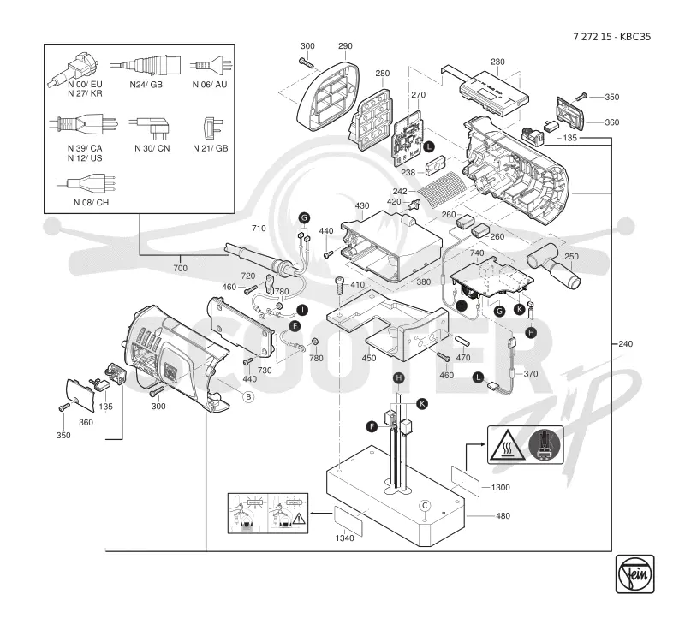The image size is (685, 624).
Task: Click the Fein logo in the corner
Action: point(634,573)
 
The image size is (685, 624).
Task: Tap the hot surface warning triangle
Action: point(507,445)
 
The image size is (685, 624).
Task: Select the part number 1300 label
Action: point(500,487)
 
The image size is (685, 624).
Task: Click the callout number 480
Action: point(503,515)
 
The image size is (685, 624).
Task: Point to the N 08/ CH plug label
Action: point(91,202)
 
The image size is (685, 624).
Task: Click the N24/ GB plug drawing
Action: point(145,66)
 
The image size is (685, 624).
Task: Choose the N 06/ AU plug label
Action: point(210,84)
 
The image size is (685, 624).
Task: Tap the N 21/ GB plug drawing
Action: point(212,128)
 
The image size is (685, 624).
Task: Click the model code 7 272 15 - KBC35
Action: point(611,37)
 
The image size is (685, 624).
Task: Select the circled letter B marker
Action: point(248,396)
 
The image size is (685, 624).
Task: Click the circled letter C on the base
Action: point(425,506)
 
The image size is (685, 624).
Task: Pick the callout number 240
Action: point(626,343)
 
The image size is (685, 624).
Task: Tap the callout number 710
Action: point(259,228)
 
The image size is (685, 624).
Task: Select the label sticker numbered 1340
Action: point(348,520)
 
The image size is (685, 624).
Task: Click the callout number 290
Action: point(345,46)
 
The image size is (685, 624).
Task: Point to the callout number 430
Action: point(361,205)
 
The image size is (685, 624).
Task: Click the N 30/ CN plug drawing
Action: point(151,125)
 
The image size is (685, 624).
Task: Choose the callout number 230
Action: point(497,62)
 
